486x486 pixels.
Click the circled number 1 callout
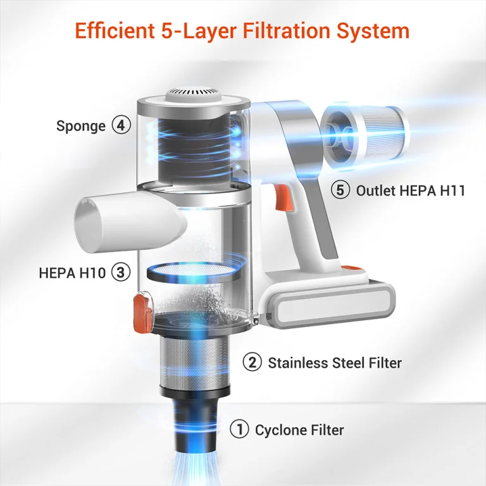point(239,430)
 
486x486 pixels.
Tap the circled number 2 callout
point(252,363)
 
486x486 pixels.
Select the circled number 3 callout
point(121,273)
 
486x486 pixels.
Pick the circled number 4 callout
point(121,125)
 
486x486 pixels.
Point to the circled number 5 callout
point(340,190)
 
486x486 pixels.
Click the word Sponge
point(81,127)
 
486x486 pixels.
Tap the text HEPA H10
point(72,273)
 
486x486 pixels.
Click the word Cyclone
point(281,430)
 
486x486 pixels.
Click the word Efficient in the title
point(115,30)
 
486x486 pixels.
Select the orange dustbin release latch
point(142,312)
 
